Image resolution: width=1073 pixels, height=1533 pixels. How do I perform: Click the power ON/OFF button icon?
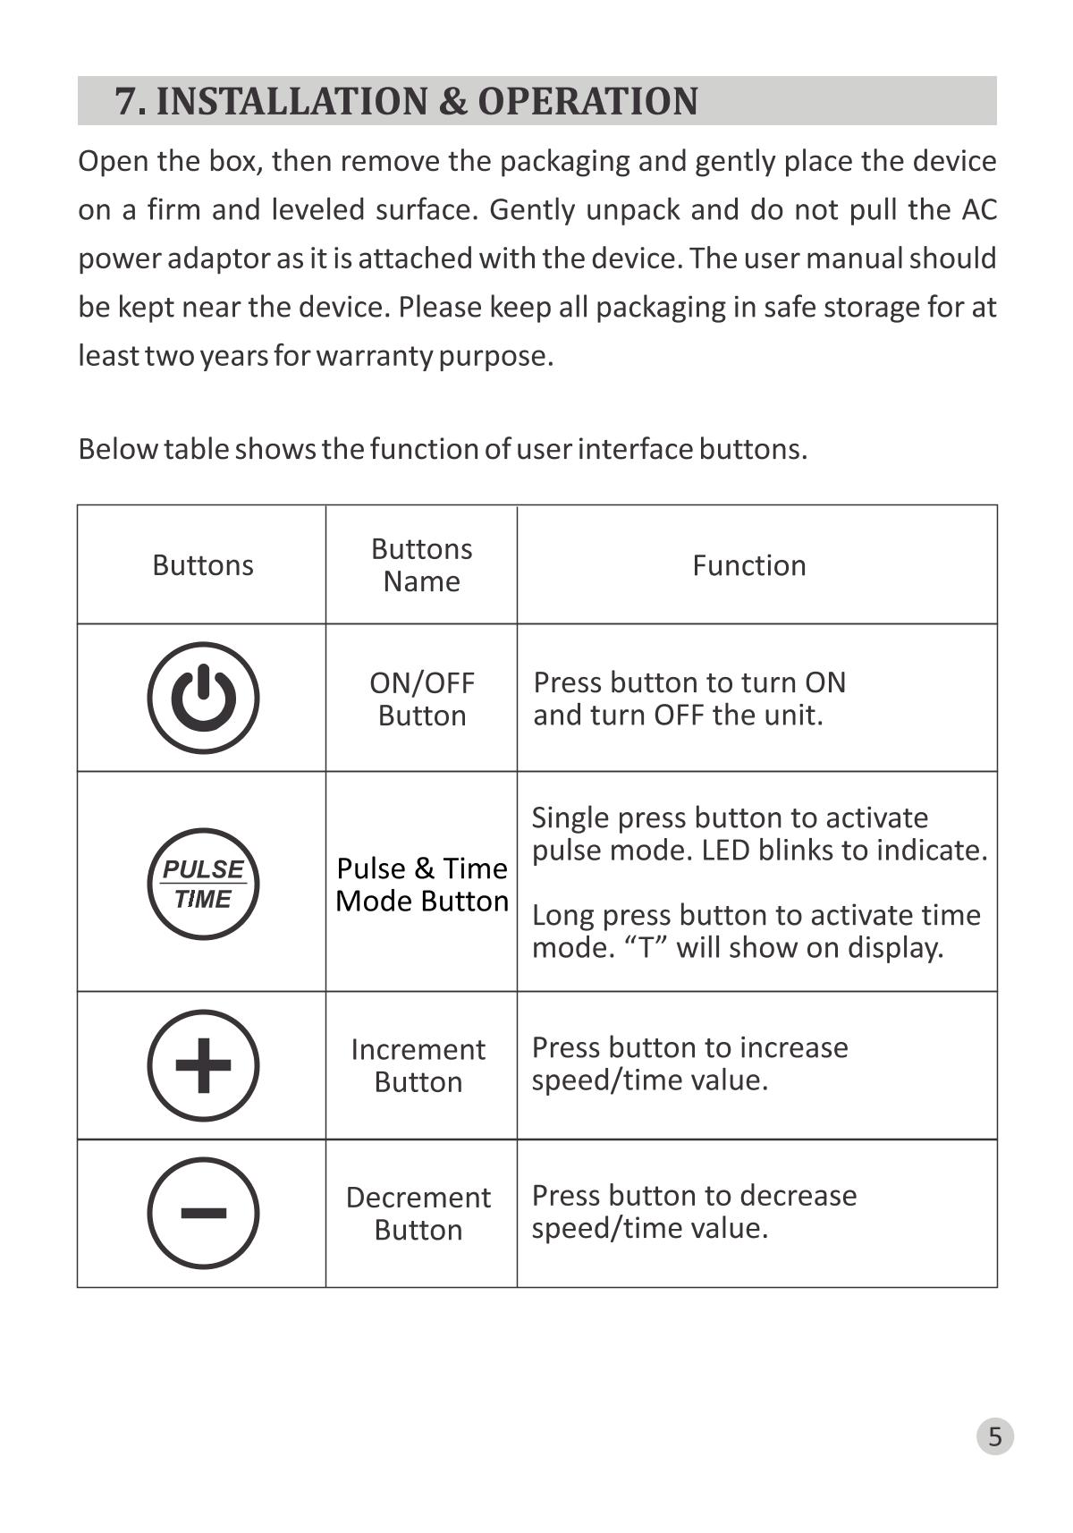(203, 698)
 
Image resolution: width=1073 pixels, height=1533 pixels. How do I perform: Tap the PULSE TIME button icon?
(203, 884)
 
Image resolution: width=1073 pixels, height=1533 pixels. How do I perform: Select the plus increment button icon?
(203, 1065)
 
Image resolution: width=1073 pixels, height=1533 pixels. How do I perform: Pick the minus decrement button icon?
(203, 1213)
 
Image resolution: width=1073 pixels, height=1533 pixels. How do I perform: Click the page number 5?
(994, 1436)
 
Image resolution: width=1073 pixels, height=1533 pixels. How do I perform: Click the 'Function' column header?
(749, 565)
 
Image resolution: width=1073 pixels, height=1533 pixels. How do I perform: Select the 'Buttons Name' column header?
(421, 565)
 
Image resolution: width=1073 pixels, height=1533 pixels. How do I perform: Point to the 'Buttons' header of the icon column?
(203, 565)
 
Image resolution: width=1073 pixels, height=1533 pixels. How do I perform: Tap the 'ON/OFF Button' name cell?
(421, 699)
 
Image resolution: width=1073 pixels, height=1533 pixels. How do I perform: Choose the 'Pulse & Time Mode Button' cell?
(421, 885)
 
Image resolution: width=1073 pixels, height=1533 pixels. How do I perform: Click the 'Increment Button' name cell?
(418, 1065)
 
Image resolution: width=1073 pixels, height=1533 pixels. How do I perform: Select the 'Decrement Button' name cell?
(418, 1214)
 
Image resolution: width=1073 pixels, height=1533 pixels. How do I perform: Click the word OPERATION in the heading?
(587, 101)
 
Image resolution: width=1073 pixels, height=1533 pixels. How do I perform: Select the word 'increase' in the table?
(795, 1047)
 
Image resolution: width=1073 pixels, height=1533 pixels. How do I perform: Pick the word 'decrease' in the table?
(798, 1196)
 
